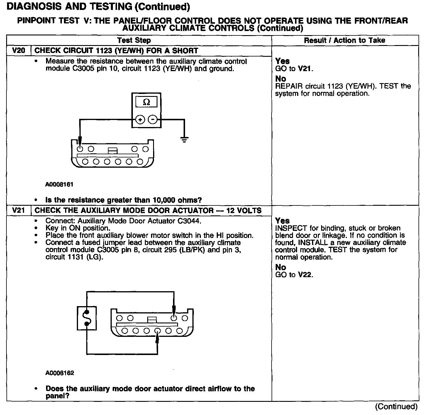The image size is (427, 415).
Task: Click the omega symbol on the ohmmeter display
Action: click(146, 102)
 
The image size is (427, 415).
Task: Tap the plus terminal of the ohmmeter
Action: click(140, 119)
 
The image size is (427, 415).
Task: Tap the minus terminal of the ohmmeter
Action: click(152, 119)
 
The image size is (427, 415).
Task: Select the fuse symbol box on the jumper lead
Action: click(87, 318)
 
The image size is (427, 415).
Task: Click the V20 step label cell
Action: click(18, 51)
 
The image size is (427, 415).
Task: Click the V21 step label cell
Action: click(18, 210)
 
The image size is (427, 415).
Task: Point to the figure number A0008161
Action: click(59, 184)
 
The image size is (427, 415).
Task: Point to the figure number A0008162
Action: click(60, 373)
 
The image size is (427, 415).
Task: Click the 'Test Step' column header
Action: click(134, 40)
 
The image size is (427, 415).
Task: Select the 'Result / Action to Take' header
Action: click(345, 40)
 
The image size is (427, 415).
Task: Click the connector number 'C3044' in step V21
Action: click(189, 221)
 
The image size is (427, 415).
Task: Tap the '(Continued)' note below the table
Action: click(396, 407)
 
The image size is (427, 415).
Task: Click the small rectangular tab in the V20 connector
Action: click(113, 150)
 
